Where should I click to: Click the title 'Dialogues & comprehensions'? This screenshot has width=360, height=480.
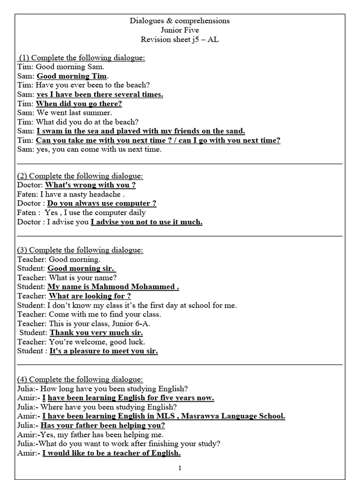[x=180, y=21]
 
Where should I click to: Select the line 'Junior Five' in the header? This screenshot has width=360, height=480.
[x=180, y=30]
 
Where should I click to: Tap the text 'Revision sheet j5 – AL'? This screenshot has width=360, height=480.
[x=180, y=39]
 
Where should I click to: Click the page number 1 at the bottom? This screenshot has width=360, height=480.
[x=180, y=468]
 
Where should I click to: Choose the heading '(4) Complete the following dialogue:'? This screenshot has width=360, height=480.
[x=80, y=379]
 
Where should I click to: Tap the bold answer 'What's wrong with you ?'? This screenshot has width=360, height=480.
[x=90, y=185]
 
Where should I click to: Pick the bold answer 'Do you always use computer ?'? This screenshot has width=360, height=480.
[x=102, y=203]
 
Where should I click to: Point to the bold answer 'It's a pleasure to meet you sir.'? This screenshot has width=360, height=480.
[x=103, y=351]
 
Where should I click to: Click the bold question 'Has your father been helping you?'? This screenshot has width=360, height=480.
[x=103, y=426]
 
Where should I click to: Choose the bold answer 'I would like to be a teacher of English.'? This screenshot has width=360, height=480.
[x=112, y=453]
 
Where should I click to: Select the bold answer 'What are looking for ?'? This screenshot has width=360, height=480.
[x=90, y=296]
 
